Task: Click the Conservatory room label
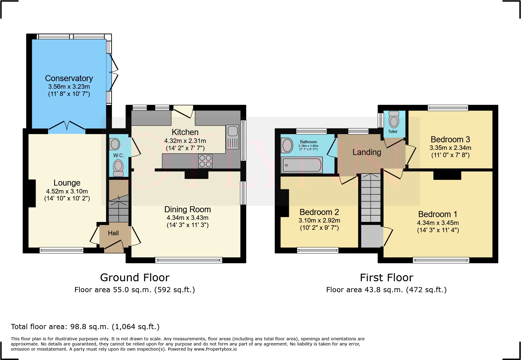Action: [x=69, y=78]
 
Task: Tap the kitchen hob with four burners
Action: [x=205, y=161]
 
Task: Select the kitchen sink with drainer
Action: [x=232, y=137]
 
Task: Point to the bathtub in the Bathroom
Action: [x=302, y=165]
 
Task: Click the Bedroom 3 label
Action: [x=450, y=140]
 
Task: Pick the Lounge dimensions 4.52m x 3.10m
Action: [x=67, y=191]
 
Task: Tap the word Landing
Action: [x=367, y=152]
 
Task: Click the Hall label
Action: [x=113, y=233]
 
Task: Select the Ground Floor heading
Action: [x=135, y=278]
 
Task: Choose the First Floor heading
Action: [x=386, y=278]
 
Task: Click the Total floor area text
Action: [x=85, y=327]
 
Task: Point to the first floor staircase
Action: [x=371, y=198]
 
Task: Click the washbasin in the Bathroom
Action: [x=287, y=145]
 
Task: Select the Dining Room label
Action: [x=188, y=210]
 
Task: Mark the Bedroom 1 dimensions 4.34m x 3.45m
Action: [x=438, y=223]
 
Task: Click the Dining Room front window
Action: [x=189, y=260]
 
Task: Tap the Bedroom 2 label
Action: [x=319, y=212]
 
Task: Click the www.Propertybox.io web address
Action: [x=215, y=349]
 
